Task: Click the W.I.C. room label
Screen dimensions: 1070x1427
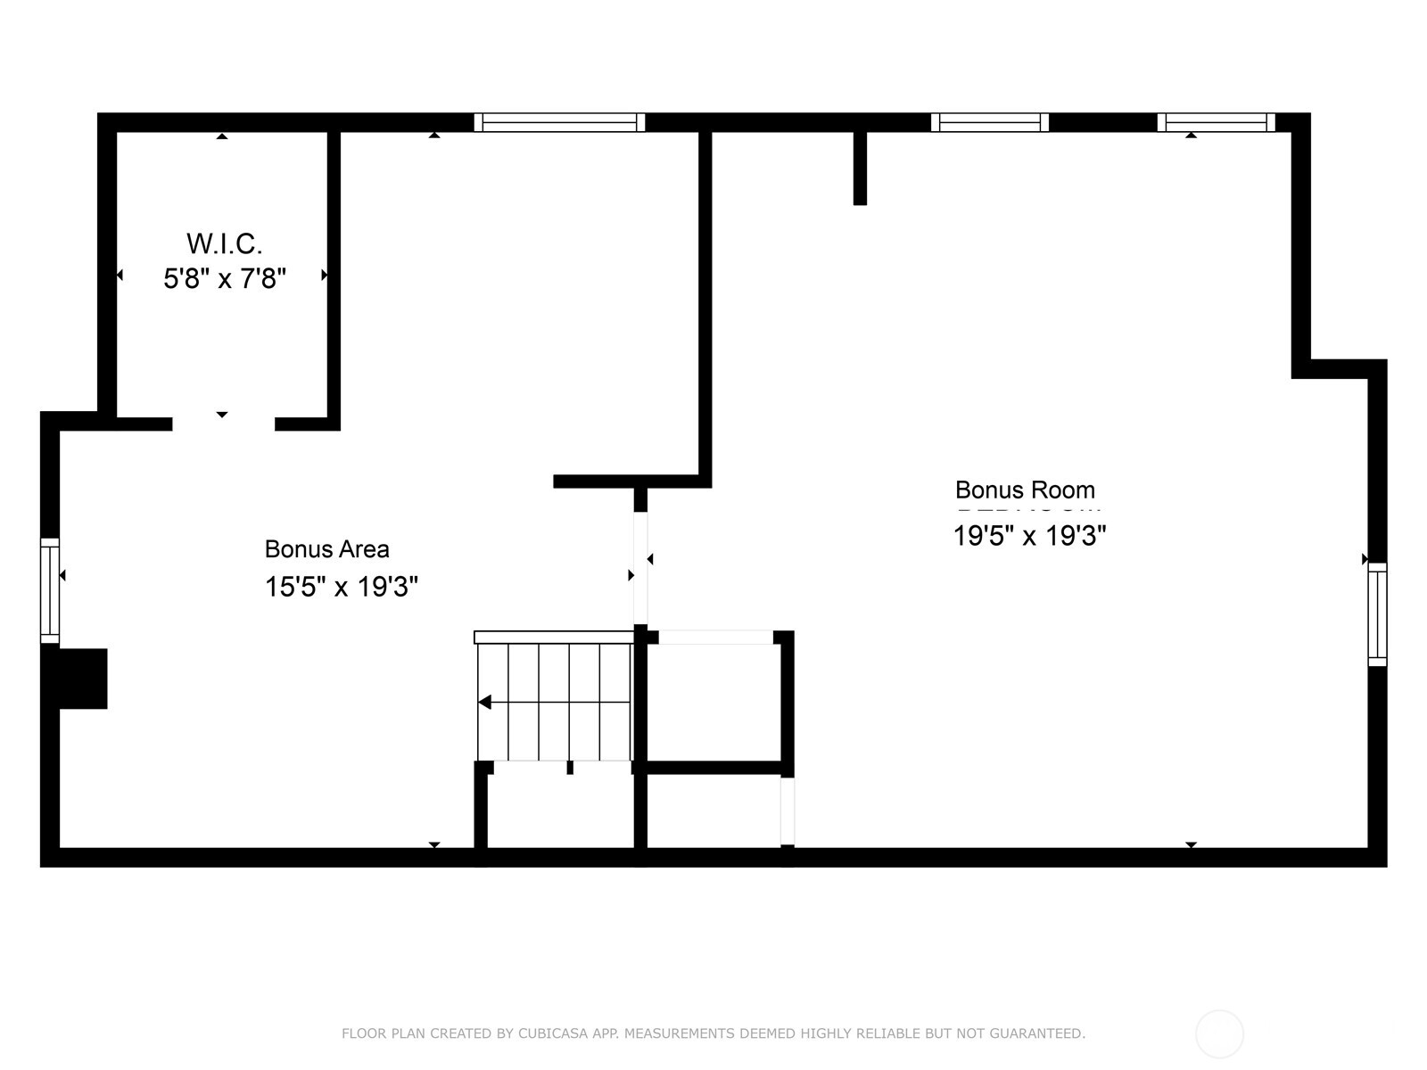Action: pyautogui.click(x=224, y=243)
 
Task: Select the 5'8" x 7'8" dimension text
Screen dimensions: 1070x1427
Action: pyautogui.click(x=224, y=279)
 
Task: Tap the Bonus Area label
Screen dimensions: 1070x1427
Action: pyautogui.click(x=326, y=549)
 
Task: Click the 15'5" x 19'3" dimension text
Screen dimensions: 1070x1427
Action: pyautogui.click(x=341, y=587)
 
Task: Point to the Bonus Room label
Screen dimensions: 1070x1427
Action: pyautogui.click(x=1025, y=490)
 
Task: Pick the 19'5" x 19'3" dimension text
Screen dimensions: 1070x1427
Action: pyautogui.click(x=1029, y=536)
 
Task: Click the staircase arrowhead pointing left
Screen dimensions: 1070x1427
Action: pyautogui.click(x=484, y=703)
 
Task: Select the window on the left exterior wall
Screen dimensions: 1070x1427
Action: pyautogui.click(x=50, y=590)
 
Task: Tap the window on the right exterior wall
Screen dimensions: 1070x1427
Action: pyautogui.click(x=1377, y=614)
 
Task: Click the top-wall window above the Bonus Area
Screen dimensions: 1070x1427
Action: pyautogui.click(x=559, y=122)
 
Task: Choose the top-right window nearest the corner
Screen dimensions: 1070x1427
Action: pyautogui.click(x=1216, y=122)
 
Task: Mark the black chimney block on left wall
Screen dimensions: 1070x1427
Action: pyautogui.click(x=83, y=679)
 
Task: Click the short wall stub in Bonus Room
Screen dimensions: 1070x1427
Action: pyautogui.click(x=860, y=168)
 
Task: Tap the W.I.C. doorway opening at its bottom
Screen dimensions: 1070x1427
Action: pyautogui.click(x=223, y=424)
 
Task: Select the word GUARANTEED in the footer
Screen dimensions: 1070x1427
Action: pyautogui.click(x=1047, y=1033)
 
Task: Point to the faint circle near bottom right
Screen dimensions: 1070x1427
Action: pyautogui.click(x=1219, y=1034)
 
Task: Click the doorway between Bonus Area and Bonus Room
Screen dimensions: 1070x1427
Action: pyautogui.click(x=640, y=568)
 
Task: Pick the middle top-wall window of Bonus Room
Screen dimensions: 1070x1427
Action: pyautogui.click(x=990, y=122)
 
